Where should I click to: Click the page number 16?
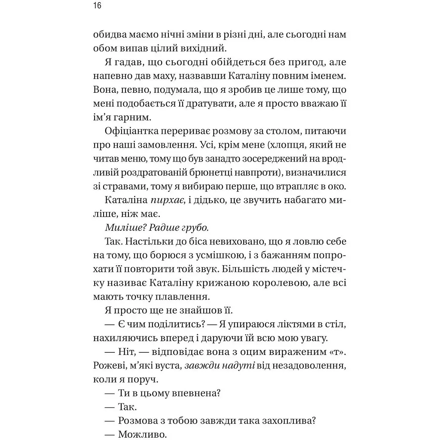pyautogui.click(x=97, y=6)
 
